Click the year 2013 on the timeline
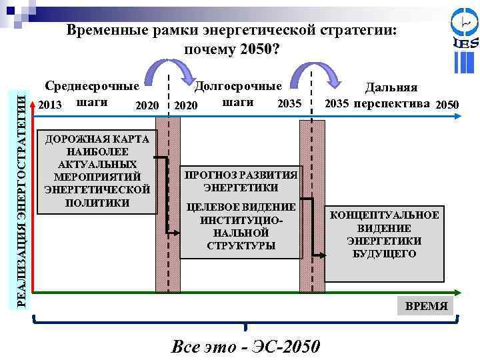[50, 105]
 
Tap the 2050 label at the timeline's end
[446, 105]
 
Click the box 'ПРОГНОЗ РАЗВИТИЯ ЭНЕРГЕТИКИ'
[241, 181]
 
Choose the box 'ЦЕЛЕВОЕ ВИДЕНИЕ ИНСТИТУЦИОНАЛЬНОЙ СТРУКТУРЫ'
[241, 226]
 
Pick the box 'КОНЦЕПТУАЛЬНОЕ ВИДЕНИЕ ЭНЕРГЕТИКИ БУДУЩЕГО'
[385, 235]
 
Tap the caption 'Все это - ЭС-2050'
[245, 347]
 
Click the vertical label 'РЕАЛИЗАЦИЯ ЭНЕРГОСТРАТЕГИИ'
[21, 200]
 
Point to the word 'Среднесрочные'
[92, 86]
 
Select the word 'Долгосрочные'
[238, 86]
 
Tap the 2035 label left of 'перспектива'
[337, 104]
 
